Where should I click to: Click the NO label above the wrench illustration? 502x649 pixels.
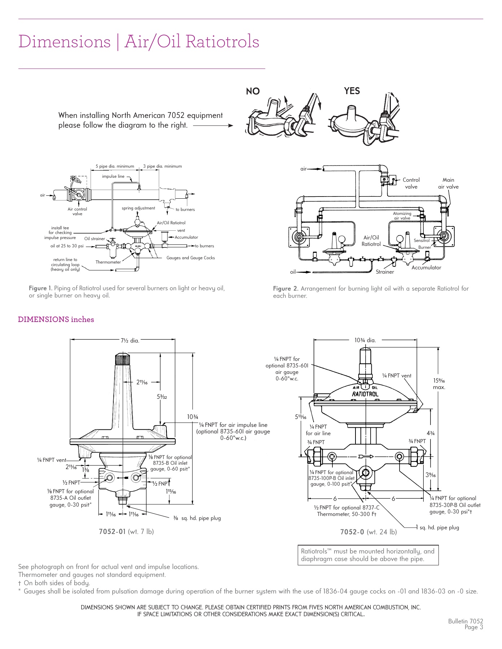click(x=253, y=91)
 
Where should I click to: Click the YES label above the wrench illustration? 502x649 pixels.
click(x=352, y=91)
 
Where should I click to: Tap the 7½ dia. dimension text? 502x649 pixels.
click(x=130, y=340)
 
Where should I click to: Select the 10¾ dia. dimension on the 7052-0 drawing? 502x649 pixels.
click(x=365, y=340)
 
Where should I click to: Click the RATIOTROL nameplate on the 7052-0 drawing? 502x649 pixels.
click(x=365, y=394)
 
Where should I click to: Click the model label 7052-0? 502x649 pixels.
click(x=352, y=532)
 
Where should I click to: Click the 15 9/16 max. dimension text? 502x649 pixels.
click(x=439, y=384)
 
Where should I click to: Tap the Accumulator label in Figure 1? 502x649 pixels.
click(x=186, y=237)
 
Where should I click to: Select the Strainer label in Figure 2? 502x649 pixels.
click(x=385, y=272)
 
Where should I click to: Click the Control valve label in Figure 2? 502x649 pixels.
click(x=411, y=183)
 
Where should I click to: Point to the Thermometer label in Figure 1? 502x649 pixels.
click(x=108, y=262)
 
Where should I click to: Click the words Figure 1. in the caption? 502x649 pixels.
click(x=40, y=288)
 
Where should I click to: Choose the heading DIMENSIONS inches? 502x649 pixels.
click(x=56, y=319)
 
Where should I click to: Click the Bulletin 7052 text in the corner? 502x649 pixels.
click(x=465, y=621)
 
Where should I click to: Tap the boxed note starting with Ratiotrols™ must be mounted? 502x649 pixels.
click(x=368, y=555)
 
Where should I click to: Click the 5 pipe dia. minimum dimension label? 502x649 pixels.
click(x=115, y=166)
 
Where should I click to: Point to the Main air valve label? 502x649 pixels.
click(x=448, y=183)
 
